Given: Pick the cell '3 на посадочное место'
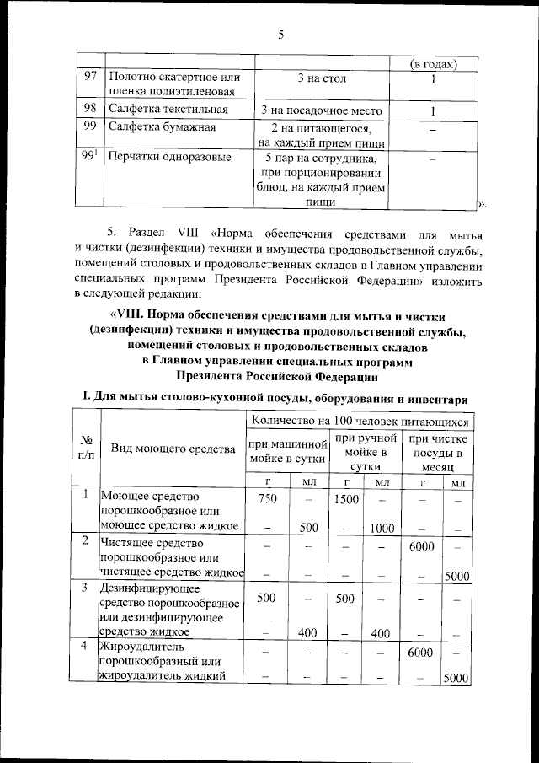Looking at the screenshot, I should pyautogui.click(x=321, y=110).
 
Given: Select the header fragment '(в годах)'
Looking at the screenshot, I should pyautogui.click(x=433, y=64).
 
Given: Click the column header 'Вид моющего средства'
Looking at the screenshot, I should pyautogui.click(x=173, y=449).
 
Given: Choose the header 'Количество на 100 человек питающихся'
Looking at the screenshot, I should pyautogui.click(x=359, y=419).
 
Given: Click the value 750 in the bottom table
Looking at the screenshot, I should pyautogui.click(x=266, y=499).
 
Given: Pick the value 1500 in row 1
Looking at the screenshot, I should pyautogui.click(x=346, y=499).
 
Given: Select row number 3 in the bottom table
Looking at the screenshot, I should pyautogui.click(x=86, y=587).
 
